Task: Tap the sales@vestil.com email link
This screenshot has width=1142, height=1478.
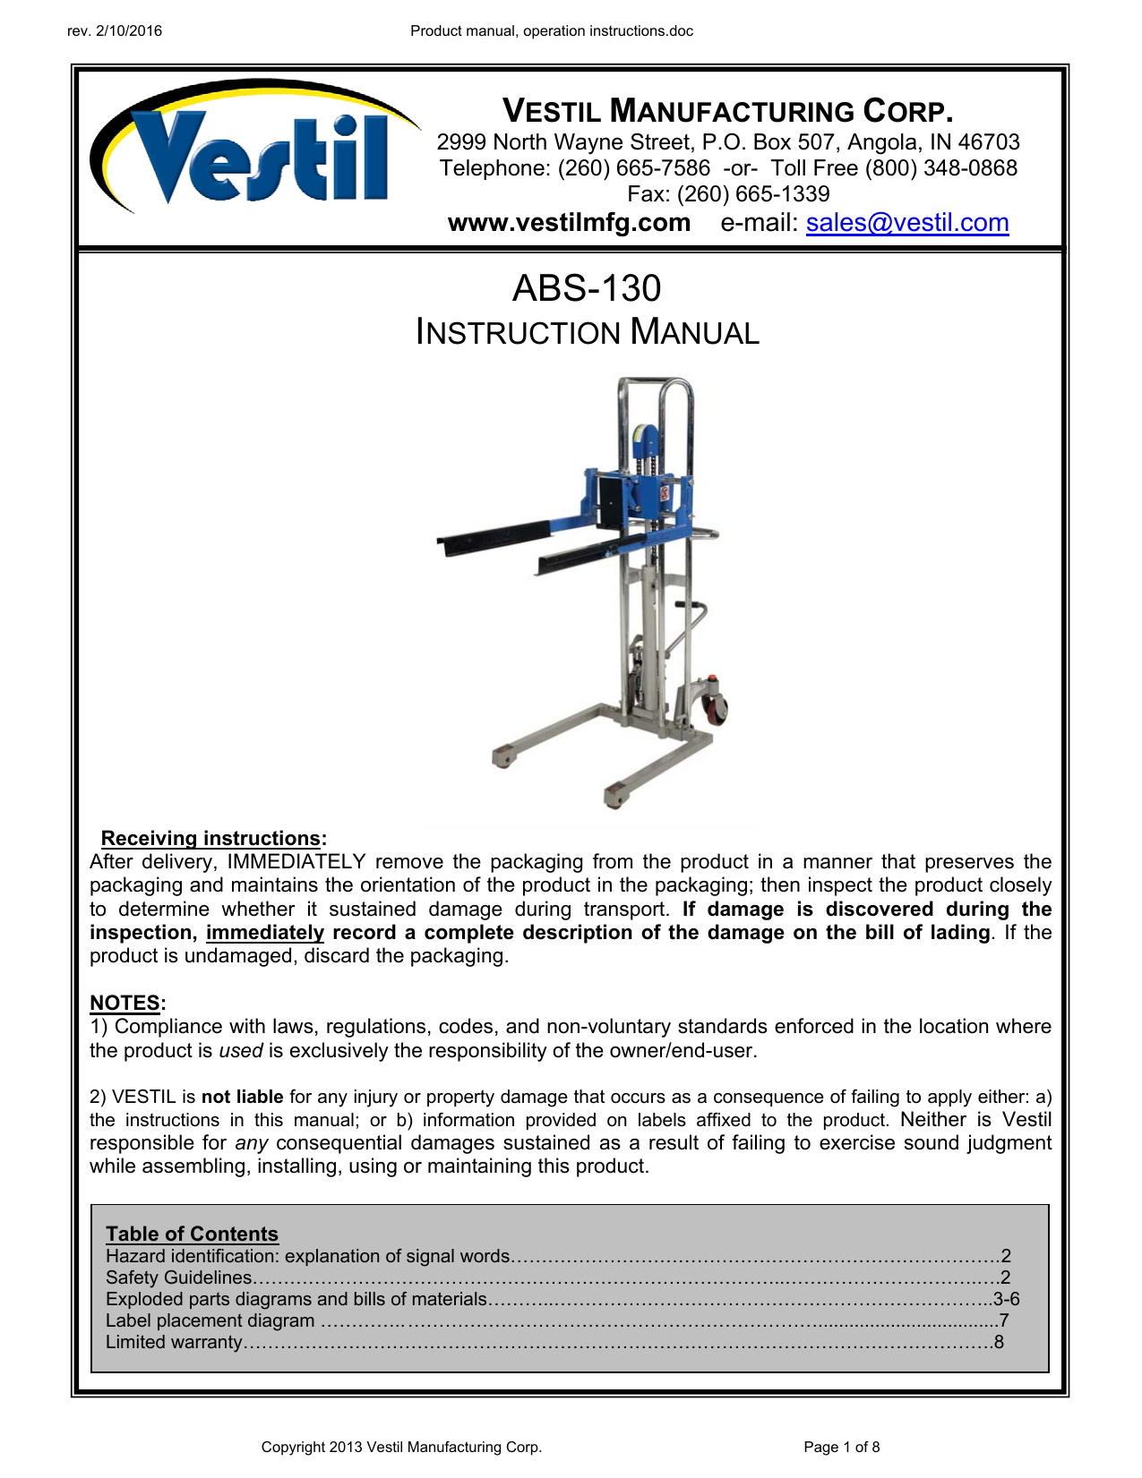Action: [x=906, y=223]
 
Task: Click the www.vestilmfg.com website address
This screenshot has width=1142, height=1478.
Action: [x=569, y=223]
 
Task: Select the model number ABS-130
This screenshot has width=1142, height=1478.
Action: [x=587, y=288]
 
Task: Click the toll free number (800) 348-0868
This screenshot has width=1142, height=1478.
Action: [x=940, y=168]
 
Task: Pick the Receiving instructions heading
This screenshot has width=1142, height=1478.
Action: [x=211, y=839]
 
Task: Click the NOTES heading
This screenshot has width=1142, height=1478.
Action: [x=125, y=1004]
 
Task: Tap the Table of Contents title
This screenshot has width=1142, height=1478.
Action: [x=192, y=1234]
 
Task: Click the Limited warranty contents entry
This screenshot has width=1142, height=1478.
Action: [x=174, y=1342]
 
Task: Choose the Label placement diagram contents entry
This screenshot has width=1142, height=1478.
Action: [x=210, y=1320]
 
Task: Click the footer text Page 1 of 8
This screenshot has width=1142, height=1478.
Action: [x=841, y=1447]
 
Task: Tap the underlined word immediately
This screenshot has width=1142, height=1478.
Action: [x=265, y=933]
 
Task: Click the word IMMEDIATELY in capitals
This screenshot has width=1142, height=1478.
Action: [x=296, y=862]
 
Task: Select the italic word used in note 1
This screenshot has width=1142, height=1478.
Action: [x=241, y=1051]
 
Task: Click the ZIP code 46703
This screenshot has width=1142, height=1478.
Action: [x=988, y=142]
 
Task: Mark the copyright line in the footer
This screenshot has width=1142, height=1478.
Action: [x=401, y=1447]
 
